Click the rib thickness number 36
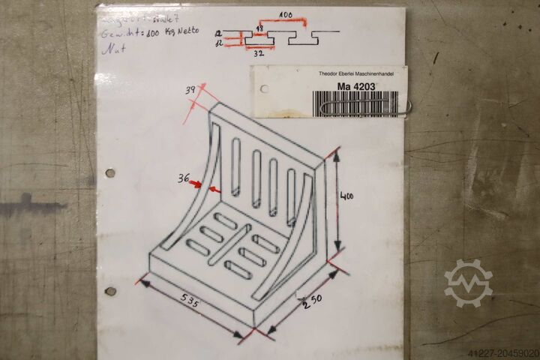pyautogui.click(x=183, y=179)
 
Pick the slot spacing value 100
pyautogui.click(x=285, y=15)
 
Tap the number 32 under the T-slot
pyautogui.click(x=259, y=54)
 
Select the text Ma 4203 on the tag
pyautogui.click(x=357, y=86)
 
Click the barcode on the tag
pyautogui.click(x=356, y=103)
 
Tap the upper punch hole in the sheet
pyautogui.click(x=110, y=172)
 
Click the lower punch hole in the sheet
pyautogui.click(x=110, y=291)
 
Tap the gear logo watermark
pyautogui.click(x=468, y=283)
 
